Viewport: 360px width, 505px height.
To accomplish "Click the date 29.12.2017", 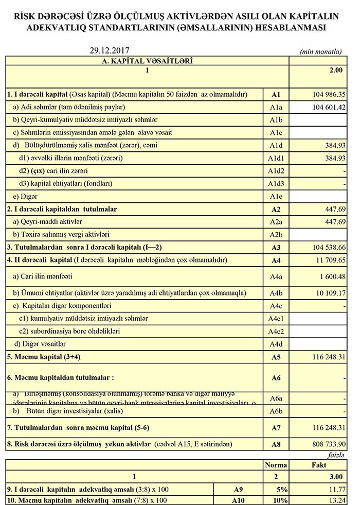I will pyautogui.click(x=109, y=50).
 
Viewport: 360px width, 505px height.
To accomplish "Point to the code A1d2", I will pyautogui.click(x=276, y=171).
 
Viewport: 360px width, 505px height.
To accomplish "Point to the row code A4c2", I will pyautogui.click(x=276, y=331).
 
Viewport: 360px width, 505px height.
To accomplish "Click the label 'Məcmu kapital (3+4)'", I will pyautogui.click(x=44, y=356).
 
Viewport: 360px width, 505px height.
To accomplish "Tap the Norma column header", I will pyautogui.click(x=276, y=465).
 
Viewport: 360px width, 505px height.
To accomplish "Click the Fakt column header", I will pyautogui.click(x=319, y=465).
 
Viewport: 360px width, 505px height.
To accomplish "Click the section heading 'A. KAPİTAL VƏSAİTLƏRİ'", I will pyautogui.click(x=147, y=61).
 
